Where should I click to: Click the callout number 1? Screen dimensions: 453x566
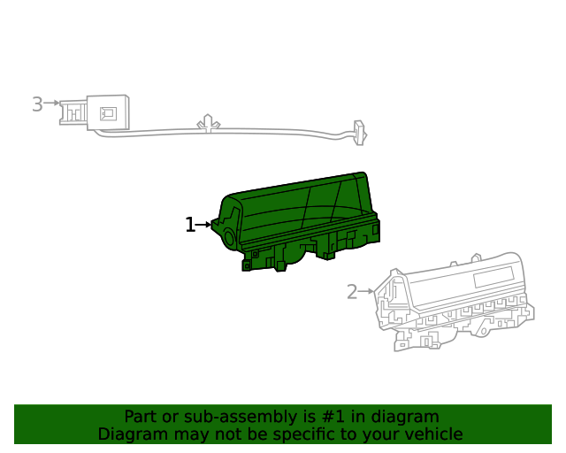click(x=189, y=225)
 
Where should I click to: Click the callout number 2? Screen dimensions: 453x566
click(x=352, y=291)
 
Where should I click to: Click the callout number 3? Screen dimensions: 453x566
click(x=37, y=104)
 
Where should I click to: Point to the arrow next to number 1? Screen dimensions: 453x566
click(x=204, y=225)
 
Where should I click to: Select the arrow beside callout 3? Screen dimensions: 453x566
click(x=51, y=104)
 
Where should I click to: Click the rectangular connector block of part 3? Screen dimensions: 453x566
click(x=107, y=112)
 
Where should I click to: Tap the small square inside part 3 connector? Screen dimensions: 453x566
click(x=109, y=112)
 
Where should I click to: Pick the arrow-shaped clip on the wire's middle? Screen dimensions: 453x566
click(x=208, y=122)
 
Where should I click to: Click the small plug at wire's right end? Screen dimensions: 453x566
click(x=359, y=132)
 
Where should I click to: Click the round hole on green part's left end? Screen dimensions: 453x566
click(x=227, y=237)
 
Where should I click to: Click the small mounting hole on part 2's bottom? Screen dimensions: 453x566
click(x=427, y=341)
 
